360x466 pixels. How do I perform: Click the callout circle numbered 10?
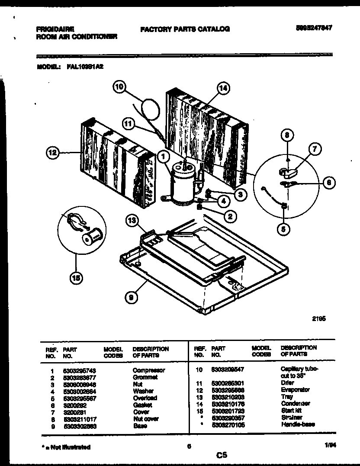coord(120,87)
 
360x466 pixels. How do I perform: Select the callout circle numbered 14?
coord(222,89)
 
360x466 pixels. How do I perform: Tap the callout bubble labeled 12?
coord(53,152)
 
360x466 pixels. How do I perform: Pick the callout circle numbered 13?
coord(132,221)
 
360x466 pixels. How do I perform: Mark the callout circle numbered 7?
coord(315,150)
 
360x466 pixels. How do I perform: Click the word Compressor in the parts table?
coord(148,370)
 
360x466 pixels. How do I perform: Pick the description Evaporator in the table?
coord(295,390)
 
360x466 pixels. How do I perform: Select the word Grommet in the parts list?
coord(145,377)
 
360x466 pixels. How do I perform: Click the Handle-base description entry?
coord(298,424)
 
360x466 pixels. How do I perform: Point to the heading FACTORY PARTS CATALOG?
coord(185,29)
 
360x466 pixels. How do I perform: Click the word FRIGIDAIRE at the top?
coord(55,29)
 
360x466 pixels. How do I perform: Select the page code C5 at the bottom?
coord(222,455)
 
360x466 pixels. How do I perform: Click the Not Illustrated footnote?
coord(67,447)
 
